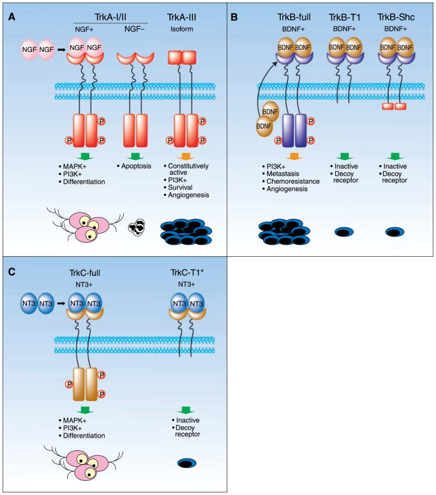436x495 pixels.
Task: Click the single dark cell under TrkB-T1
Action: point(343,233)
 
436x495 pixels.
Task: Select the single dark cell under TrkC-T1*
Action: point(188,463)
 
